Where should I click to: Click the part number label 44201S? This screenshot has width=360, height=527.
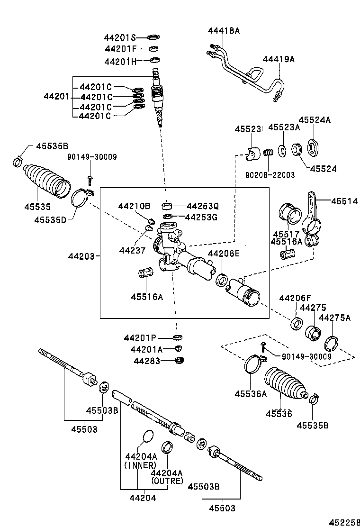pyautogui.click(x=120, y=37)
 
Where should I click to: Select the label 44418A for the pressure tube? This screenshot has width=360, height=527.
pyautogui.click(x=224, y=31)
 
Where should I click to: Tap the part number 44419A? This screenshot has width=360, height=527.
pyautogui.click(x=279, y=59)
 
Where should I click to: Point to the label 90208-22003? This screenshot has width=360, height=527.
pyautogui.click(x=270, y=175)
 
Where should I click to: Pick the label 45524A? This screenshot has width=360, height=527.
pyautogui.click(x=314, y=120)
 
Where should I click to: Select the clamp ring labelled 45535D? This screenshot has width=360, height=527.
pyautogui.click(x=82, y=198)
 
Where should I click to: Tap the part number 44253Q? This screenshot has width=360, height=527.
pyautogui.click(x=203, y=206)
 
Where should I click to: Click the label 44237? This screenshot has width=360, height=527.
pyautogui.click(x=132, y=250)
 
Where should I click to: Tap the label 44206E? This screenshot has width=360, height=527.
pyautogui.click(x=224, y=254)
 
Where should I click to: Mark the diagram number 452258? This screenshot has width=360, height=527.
pyautogui.click(x=344, y=522)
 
